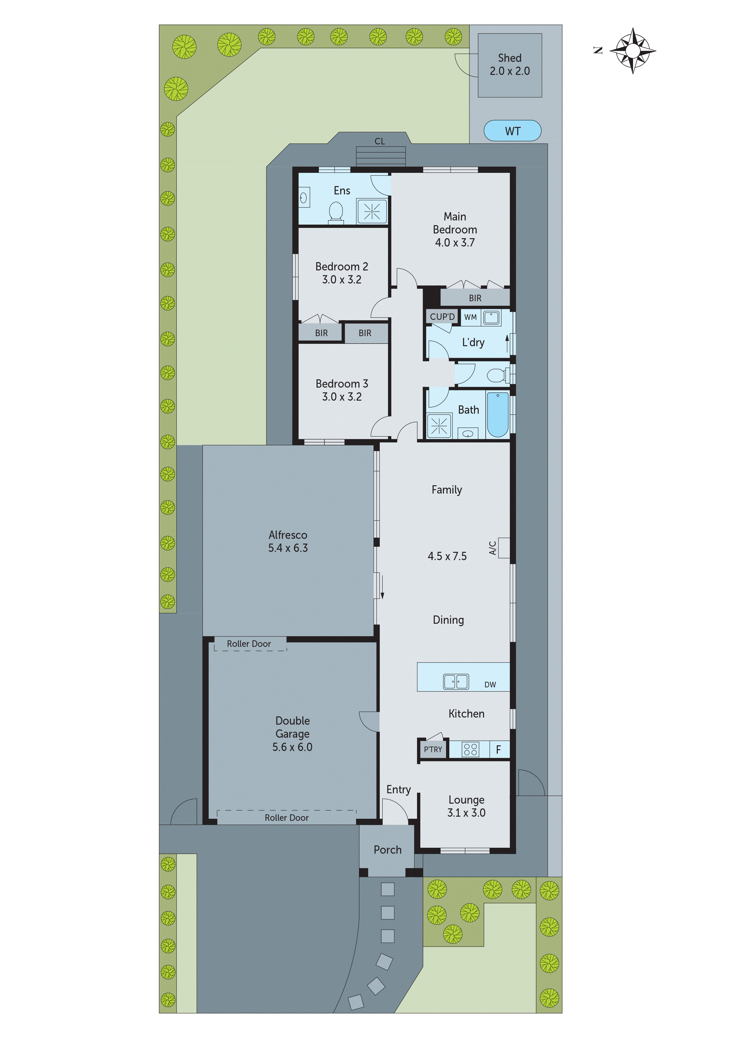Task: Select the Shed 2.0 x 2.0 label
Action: [x=510, y=65]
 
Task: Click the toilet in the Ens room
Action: [x=336, y=212]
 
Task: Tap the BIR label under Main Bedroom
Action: [x=475, y=298]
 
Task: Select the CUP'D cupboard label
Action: [x=442, y=317]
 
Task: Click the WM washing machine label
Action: [x=470, y=317]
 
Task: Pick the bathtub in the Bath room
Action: [x=498, y=414]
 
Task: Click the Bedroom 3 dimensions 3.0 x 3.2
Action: [x=342, y=397]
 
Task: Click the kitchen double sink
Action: [x=456, y=681]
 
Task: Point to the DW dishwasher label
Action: [x=490, y=684]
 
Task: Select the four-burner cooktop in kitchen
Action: [x=470, y=750]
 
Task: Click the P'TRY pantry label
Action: [x=433, y=750]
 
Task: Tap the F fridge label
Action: [x=498, y=750]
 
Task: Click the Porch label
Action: [x=388, y=850]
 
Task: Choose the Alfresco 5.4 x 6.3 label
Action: [x=288, y=541]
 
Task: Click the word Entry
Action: [x=398, y=790]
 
